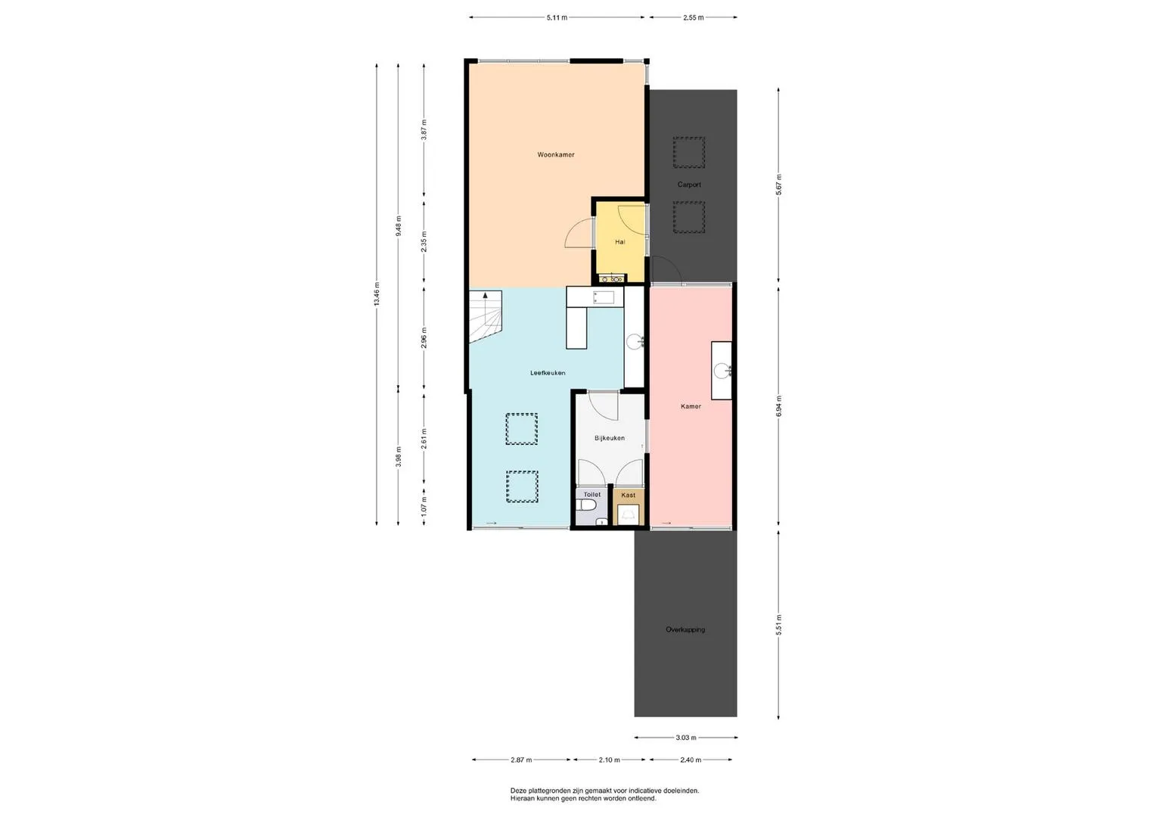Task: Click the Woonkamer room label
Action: pyautogui.click(x=555, y=155)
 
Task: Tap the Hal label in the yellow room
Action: pyautogui.click(x=619, y=241)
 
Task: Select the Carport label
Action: pyautogui.click(x=689, y=185)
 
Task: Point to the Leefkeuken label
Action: pyautogui.click(x=548, y=373)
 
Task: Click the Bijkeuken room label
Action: pyautogui.click(x=610, y=439)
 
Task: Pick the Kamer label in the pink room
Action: pyautogui.click(x=691, y=406)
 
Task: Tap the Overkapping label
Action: pyautogui.click(x=685, y=629)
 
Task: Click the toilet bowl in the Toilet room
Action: pyautogui.click(x=586, y=504)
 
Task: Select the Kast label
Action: pyautogui.click(x=628, y=495)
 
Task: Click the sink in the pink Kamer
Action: pyautogui.click(x=722, y=371)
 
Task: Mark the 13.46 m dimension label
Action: pyautogui.click(x=377, y=294)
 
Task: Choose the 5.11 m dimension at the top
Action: pyautogui.click(x=557, y=17)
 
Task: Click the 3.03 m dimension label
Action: pyautogui.click(x=686, y=738)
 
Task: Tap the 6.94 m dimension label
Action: pyautogui.click(x=778, y=406)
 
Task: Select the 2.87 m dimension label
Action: pyautogui.click(x=521, y=760)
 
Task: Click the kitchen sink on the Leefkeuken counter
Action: pyautogui.click(x=604, y=297)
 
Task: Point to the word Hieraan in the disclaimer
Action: pyautogui.click(x=521, y=798)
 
